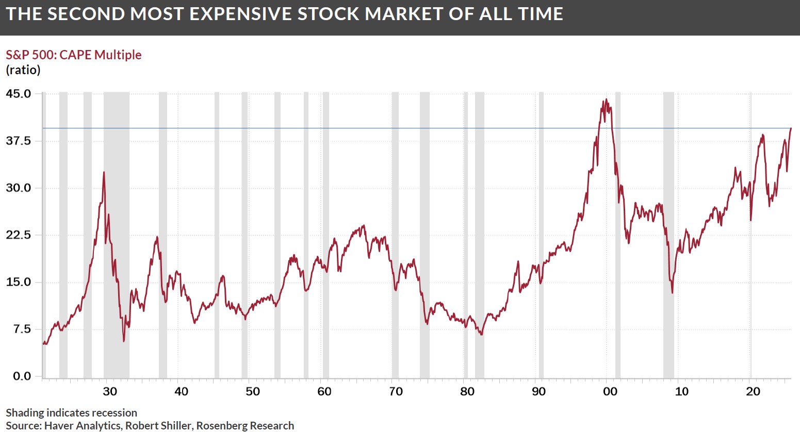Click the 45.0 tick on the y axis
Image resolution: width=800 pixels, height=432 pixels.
point(19,94)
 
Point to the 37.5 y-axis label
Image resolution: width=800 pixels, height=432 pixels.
point(19,141)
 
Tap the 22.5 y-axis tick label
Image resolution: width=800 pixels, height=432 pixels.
point(19,235)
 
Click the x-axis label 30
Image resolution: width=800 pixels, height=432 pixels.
point(110,391)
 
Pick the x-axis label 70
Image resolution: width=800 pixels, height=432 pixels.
point(396,391)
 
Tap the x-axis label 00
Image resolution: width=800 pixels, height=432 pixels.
point(610,391)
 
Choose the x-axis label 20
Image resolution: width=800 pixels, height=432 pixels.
point(753,391)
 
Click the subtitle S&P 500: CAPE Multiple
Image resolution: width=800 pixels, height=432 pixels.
point(74,55)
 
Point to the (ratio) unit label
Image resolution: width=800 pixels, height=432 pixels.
point(23,70)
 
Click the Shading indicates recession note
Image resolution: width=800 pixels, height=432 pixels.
point(72,412)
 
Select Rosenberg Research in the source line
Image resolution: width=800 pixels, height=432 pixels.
point(246,425)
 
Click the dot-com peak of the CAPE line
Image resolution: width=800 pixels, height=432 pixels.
point(606,99)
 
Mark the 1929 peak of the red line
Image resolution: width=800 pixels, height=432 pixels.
point(104,172)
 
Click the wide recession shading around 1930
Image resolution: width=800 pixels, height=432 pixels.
point(117,232)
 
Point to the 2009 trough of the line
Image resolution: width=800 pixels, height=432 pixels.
point(672,293)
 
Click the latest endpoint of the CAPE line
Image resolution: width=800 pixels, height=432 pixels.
point(791,128)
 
